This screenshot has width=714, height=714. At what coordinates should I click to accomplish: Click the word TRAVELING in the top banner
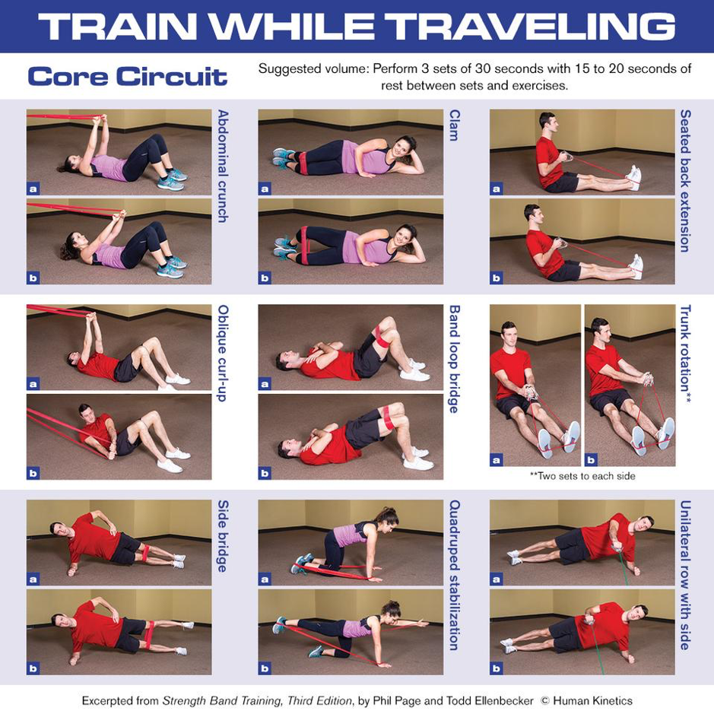pyautogui.click(x=553, y=27)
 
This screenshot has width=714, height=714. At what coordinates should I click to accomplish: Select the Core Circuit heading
pyautogui.click(x=127, y=77)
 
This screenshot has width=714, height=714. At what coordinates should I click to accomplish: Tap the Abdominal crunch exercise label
pyautogui.click(x=223, y=166)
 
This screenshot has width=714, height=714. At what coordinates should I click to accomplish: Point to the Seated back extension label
pyautogui.click(x=685, y=181)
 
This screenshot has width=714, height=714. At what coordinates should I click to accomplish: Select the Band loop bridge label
pyautogui.click(x=455, y=359)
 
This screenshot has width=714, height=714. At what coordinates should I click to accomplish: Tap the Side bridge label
pyautogui.click(x=223, y=536)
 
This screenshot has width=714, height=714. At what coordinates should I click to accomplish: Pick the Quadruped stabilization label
pyautogui.click(x=455, y=575)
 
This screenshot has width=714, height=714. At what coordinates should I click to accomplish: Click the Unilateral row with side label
pyautogui.click(x=685, y=575)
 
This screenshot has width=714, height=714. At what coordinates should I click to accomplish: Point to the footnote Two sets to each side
pyautogui.click(x=582, y=476)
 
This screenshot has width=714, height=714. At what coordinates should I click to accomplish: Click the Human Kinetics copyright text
pyautogui.click(x=592, y=700)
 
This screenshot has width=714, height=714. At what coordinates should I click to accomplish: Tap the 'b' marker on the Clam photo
pyautogui.click(x=265, y=278)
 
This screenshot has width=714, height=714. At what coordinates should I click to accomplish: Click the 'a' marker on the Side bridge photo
pyautogui.click(x=33, y=579)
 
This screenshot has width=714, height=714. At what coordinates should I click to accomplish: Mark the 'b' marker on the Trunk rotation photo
pyautogui.click(x=592, y=459)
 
